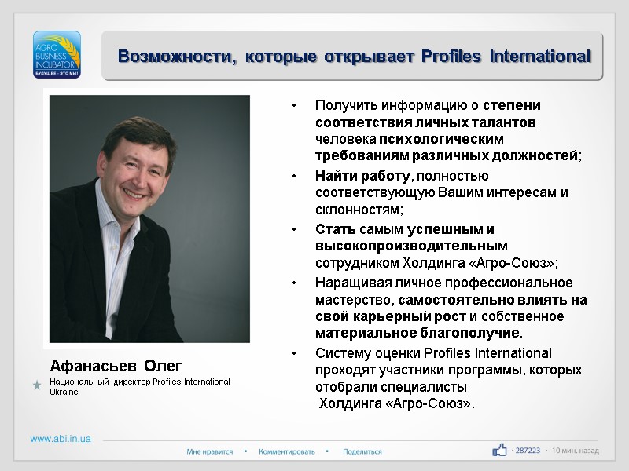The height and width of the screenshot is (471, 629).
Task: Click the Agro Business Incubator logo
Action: [x=57, y=53]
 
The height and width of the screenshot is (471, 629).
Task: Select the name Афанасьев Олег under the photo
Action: [x=116, y=366]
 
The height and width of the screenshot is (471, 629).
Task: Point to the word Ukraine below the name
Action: [x=64, y=391]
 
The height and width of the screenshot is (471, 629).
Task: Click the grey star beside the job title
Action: [x=37, y=385]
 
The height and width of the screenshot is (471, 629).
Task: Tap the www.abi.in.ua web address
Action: [x=61, y=439]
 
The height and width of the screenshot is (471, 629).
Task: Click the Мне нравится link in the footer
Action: [x=210, y=451]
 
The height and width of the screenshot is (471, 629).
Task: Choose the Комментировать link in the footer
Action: [x=286, y=451]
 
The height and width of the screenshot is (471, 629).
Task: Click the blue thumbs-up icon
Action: [x=499, y=450]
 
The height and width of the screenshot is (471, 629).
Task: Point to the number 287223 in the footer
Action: [x=527, y=451]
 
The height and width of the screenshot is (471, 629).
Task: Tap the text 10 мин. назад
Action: [x=576, y=451]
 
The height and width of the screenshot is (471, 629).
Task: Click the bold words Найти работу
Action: [x=362, y=175]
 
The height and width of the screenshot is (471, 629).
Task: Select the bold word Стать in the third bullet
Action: [x=336, y=229]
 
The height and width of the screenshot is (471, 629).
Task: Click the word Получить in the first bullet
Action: [x=346, y=105]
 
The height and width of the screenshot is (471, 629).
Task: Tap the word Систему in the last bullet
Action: [x=341, y=352]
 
